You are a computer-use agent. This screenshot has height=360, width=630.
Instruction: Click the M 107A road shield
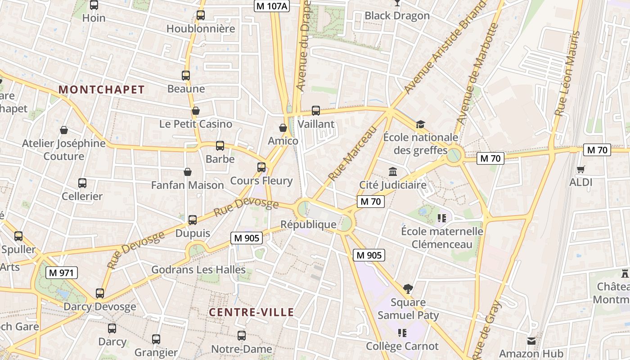(x=272, y=6)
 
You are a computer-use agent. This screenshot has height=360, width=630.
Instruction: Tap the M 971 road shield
(x=62, y=272)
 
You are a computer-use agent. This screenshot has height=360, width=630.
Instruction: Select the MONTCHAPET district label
(x=102, y=90)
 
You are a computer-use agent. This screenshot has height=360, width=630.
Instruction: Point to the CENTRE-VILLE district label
(x=252, y=312)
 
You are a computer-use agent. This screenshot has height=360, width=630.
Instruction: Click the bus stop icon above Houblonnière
(x=201, y=15)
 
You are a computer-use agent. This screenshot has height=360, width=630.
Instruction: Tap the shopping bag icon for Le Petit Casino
(x=196, y=111)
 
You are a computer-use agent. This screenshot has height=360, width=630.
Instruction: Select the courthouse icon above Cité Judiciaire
(x=393, y=171)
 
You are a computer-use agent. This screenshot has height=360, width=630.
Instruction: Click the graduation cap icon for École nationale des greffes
(x=420, y=124)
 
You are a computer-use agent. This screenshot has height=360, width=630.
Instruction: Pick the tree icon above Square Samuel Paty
(x=408, y=288)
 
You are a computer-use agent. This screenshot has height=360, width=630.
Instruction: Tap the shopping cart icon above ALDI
(x=581, y=170)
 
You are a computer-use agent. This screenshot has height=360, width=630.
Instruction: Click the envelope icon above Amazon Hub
(x=531, y=341)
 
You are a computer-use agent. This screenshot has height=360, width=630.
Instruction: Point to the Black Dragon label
(x=397, y=16)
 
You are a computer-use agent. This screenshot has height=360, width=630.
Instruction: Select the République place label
(x=308, y=224)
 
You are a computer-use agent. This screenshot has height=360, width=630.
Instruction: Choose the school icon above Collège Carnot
(x=402, y=333)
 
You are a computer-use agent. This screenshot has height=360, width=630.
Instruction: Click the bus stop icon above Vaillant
(x=316, y=111)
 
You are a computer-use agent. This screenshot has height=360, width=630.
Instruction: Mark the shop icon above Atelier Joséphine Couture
(x=64, y=130)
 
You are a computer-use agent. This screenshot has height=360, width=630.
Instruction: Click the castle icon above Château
(x=625, y=273)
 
